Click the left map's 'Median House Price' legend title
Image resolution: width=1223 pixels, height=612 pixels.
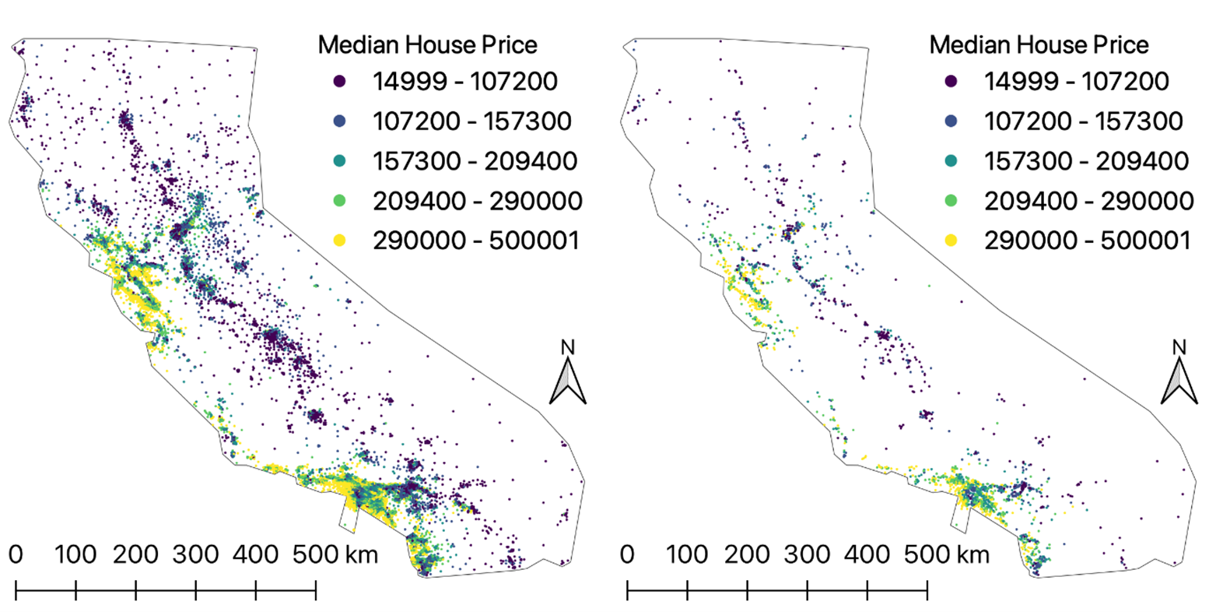pos(427,44)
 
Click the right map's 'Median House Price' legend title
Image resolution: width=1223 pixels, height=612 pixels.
pos(1039,44)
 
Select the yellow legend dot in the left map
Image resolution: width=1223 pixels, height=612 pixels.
pos(340,240)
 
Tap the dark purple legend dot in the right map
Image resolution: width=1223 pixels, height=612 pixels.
pos(951,81)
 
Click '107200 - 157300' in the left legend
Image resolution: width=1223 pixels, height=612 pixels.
pos(471,121)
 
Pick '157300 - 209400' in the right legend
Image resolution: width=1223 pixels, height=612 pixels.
pos(1086,160)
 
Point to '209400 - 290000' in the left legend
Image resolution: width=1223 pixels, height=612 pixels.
pos(477,200)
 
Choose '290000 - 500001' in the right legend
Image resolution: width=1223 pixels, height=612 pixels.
pos(1087,240)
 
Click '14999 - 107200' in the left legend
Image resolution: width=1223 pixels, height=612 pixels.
pos(464,81)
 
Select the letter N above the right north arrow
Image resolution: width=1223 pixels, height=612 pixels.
pos(1179,347)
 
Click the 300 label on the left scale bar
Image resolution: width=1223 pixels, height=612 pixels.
pos(195,554)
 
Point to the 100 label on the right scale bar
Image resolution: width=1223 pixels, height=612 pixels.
pos(687,554)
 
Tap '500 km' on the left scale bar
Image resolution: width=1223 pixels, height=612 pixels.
pos(335,554)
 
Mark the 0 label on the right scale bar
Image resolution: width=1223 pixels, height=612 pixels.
pos(627,554)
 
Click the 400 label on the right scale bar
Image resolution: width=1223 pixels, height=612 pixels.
pos(867,554)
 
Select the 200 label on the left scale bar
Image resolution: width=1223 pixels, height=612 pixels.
pos(135,554)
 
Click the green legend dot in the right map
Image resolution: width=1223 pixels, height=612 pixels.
pos(951,200)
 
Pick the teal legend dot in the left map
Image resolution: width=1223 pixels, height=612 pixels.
pos(340,160)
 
